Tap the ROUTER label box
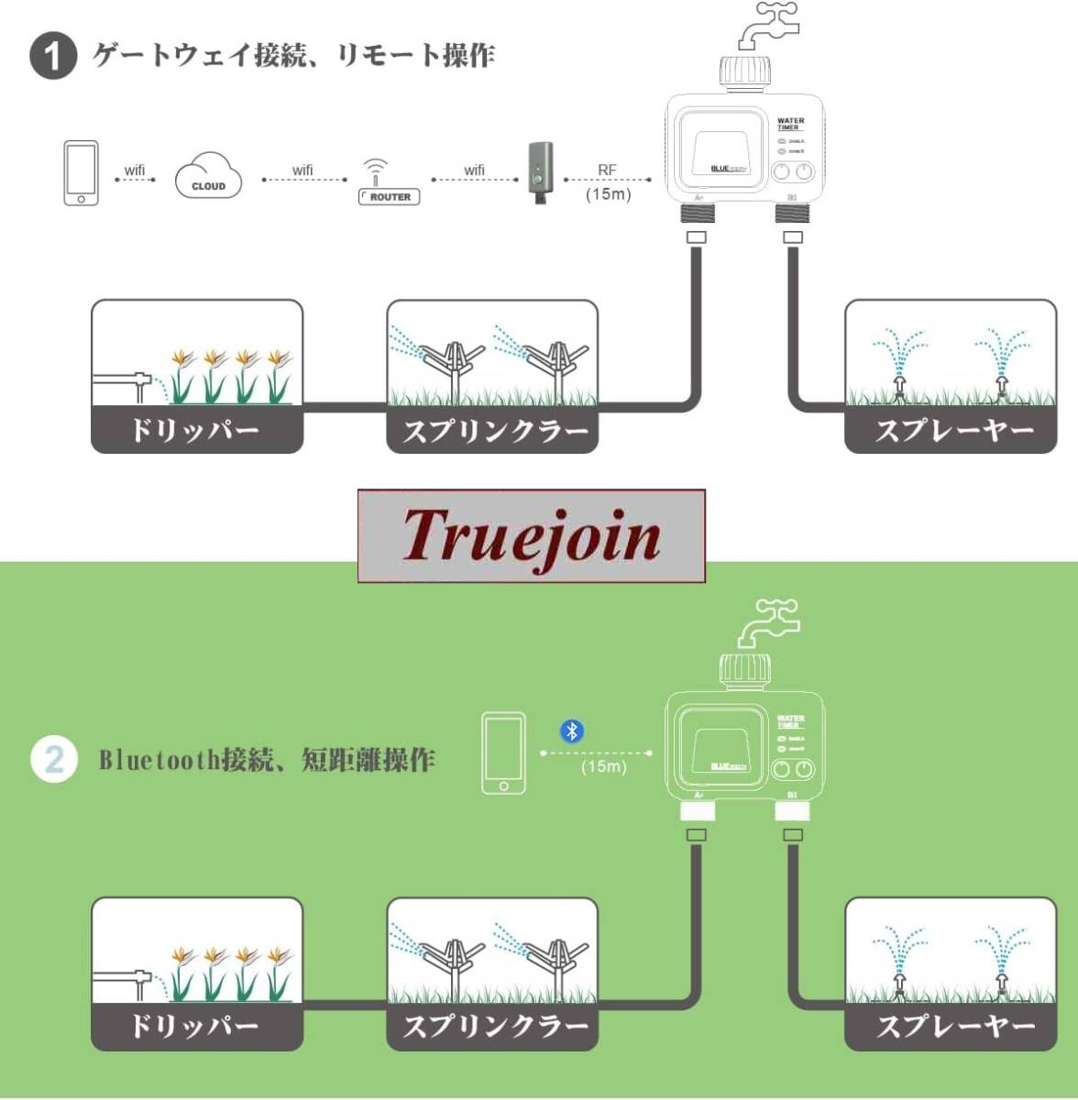coord(390,197)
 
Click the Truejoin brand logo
coord(531,536)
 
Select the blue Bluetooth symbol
coord(572,731)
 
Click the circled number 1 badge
coord(52,57)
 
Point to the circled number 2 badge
coord(53,759)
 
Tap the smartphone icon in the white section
coord(81,173)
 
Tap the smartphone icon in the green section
coord(504,754)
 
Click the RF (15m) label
coord(608,181)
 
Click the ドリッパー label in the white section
coord(196,430)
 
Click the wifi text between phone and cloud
coord(135,170)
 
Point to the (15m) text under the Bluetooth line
coord(603,766)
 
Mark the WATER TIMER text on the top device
coord(789,124)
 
